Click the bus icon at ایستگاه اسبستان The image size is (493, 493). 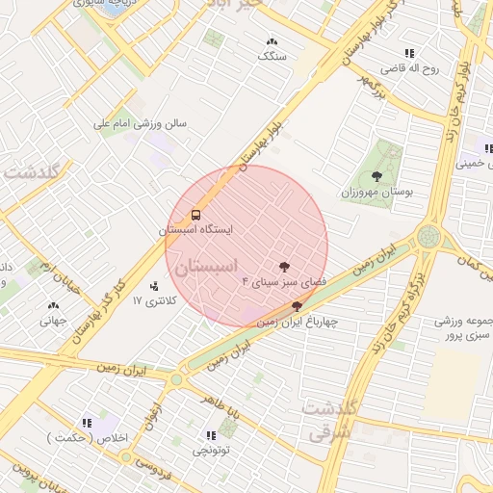point(196,215)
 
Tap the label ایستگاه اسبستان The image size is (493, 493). point(196,231)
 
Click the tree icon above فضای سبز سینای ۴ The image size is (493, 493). point(284,266)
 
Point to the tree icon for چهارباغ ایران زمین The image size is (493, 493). point(297,305)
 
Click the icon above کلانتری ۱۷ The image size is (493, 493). point(154,286)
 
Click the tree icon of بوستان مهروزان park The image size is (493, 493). point(376,175)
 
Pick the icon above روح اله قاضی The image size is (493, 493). point(409,54)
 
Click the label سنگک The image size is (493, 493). point(272,57)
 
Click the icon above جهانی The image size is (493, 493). point(52,307)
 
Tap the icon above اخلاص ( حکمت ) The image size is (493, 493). point(87,423)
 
